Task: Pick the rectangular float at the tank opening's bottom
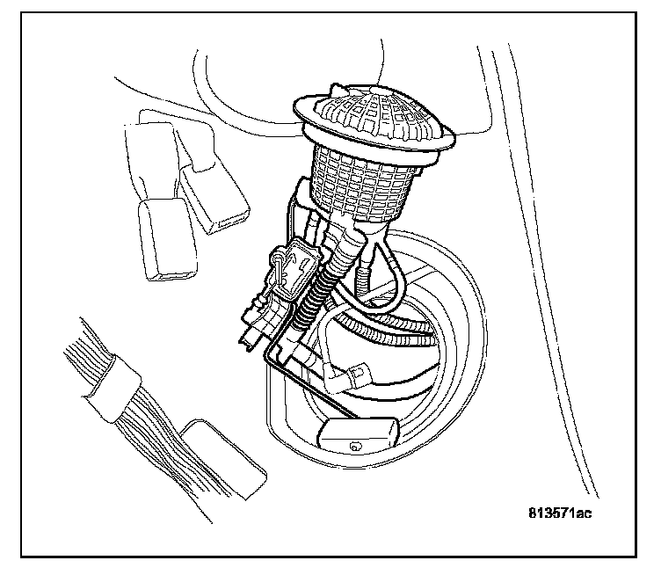tap(359, 435)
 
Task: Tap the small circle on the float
tap(355, 446)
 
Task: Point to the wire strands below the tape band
tap(149, 440)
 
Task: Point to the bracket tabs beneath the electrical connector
tap(255, 325)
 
